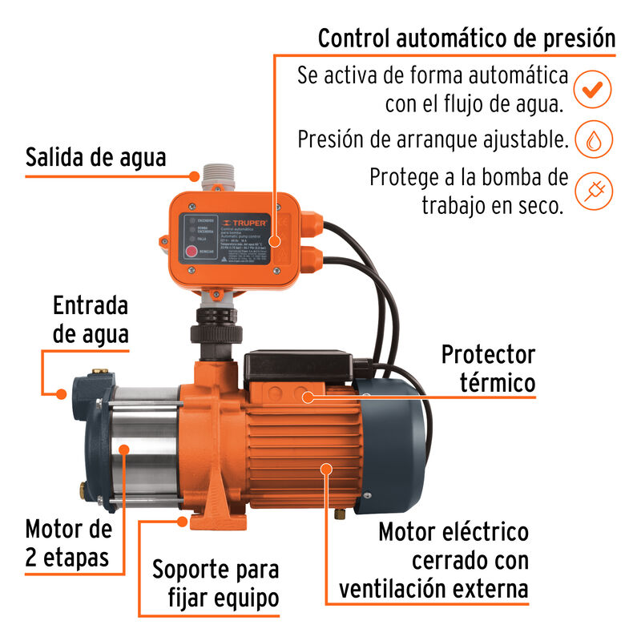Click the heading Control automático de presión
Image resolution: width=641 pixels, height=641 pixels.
point(466,38)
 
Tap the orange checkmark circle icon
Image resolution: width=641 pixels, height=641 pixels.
point(593,90)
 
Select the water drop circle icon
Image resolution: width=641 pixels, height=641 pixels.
point(593,139)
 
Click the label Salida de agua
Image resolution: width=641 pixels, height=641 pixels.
point(95,156)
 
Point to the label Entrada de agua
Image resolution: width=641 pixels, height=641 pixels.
point(91,320)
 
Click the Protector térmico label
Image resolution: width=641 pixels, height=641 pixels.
point(487,369)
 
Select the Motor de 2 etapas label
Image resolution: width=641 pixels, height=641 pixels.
point(67,542)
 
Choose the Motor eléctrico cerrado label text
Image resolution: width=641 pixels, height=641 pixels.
point(453,561)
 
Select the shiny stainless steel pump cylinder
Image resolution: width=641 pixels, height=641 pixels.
point(144,449)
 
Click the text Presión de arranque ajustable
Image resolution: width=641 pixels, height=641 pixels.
point(433,139)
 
